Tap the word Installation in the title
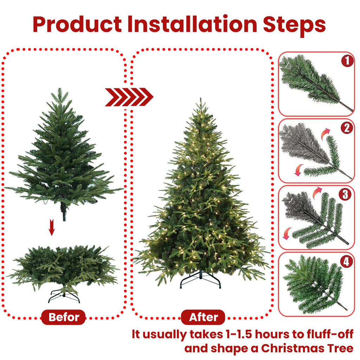click(x=192, y=24)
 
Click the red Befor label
click(x=63, y=317)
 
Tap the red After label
click(x=204, y=317)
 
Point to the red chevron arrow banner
click(x=129, y=97)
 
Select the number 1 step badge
click(x=347, y=62)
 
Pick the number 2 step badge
click(x=347, y=128)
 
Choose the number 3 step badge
click(x=347, y=194)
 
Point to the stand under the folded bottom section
click(x=64, y=296)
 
